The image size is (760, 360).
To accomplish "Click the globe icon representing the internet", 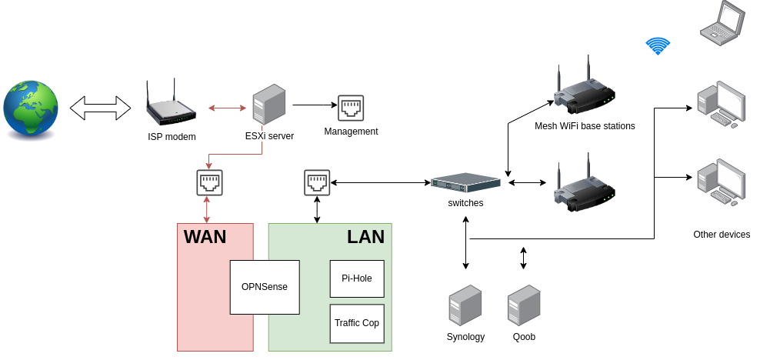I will click(x=31, y=108).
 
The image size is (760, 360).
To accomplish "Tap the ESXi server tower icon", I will click(x=269, y=106).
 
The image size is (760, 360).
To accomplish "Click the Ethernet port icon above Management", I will click(x=351, y=107).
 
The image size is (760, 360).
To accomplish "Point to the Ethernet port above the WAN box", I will click(x=209, y=182).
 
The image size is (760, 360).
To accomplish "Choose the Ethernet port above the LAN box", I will click(x=317, y=182).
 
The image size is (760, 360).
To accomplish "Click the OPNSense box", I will click(x=265, y=287).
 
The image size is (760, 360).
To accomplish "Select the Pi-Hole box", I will click(x=356, y=278).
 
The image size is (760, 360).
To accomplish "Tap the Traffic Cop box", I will click(x=356, y=323).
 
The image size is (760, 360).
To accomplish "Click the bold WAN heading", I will click(x=205, y=237).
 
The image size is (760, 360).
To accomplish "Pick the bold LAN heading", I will click(x=365, y=237).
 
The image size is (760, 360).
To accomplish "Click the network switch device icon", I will click(x=465, y=183).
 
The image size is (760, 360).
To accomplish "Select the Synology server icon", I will click(x=465, y=305).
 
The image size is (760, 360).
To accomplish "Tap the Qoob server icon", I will click(x=524, y=305).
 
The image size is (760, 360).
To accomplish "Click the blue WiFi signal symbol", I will click(x=657, y=46).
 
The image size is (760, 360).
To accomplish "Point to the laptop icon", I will click(x=722, y=21).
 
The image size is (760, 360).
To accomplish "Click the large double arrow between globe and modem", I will click(x=101, y=108).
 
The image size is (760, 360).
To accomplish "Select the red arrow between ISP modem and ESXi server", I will click(x=227, y=108).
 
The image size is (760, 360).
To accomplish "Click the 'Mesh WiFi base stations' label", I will click(x=585, y=126).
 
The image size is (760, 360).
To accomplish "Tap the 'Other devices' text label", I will click(x=721, y=235).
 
